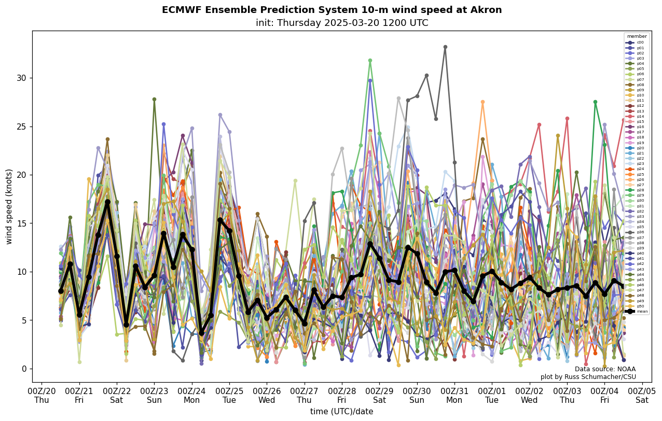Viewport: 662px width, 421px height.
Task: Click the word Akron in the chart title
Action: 487,10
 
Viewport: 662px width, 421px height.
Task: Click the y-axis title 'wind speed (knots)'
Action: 9,206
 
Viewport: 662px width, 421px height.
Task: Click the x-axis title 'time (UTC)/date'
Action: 341,411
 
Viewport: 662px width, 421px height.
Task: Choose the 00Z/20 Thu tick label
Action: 42,395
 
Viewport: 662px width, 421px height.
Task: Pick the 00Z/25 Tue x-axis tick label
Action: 229,395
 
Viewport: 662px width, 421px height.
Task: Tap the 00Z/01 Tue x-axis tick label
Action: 492,395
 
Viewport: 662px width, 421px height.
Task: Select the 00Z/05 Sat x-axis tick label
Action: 642,395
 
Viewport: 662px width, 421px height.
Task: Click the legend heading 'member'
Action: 637,36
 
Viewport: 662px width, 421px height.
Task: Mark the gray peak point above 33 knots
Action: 445,47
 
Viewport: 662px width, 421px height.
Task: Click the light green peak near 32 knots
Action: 370,61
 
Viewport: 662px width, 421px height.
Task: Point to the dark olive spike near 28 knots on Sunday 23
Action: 154,99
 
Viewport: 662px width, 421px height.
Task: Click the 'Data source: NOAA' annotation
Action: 605,369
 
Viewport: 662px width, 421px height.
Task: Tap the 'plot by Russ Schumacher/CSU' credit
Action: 588,377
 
